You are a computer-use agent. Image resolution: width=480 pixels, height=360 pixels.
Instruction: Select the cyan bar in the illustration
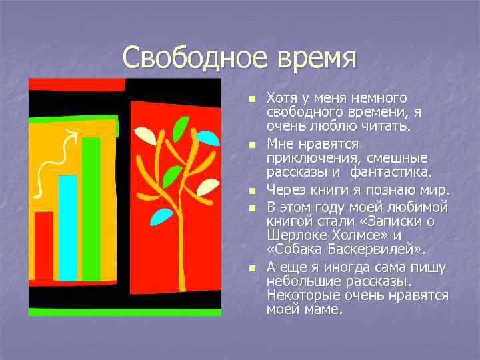pos(67,227)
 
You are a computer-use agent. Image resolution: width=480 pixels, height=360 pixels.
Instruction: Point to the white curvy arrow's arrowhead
pos(72,136)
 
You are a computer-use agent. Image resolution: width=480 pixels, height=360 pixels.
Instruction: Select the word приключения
pos(307,158)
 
